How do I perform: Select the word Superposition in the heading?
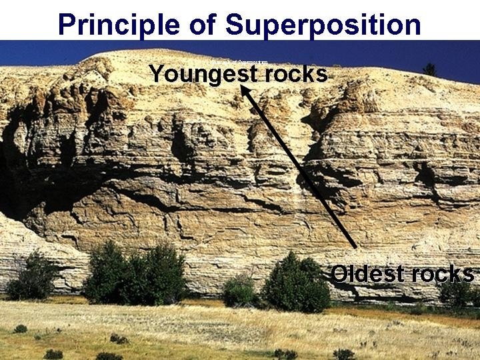coord(323,25)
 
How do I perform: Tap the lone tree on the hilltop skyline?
coord(430,69)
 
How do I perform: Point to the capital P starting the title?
coord(67,24)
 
